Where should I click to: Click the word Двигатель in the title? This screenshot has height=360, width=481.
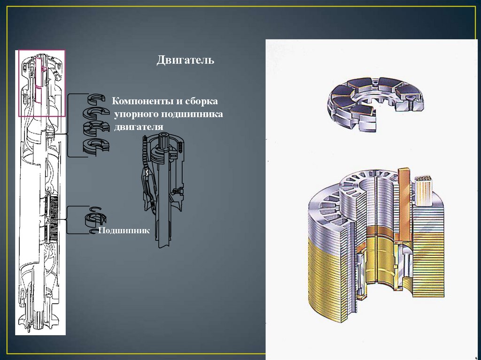185,60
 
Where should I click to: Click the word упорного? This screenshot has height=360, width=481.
136,115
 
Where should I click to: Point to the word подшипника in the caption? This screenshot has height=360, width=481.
192,115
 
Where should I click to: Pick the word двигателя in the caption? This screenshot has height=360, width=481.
139,127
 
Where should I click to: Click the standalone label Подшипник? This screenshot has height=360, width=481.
124,230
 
